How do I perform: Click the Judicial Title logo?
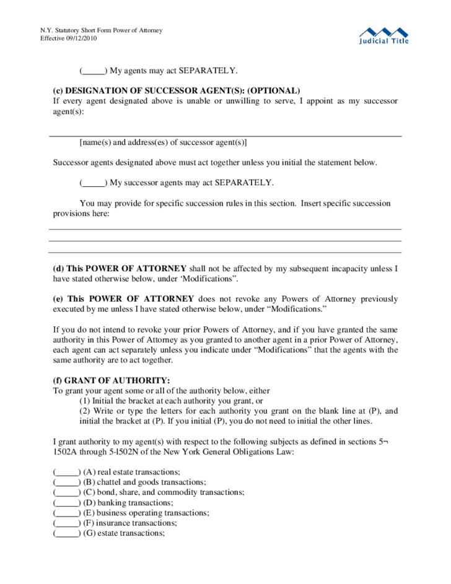coord(384,35)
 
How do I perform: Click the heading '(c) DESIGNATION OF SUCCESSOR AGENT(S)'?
coord(176,90)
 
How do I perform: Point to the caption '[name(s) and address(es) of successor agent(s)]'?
coord(163,142)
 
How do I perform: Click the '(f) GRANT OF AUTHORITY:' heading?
coord(111,380)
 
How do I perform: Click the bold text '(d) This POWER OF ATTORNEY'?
coord(120,269)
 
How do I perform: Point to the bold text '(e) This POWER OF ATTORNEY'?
coord(121,299)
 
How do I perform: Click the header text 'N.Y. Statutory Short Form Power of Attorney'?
coord(101,30)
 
